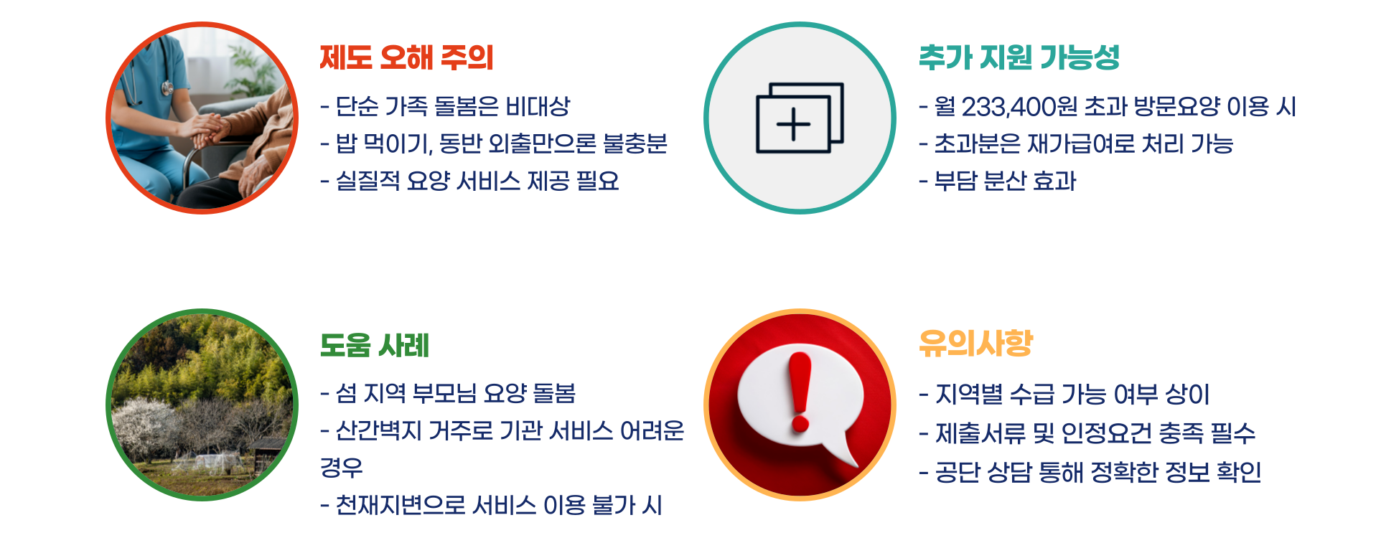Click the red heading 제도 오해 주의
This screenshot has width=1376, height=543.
406,58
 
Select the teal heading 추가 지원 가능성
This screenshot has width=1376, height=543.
1019,58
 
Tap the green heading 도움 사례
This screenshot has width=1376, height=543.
374,346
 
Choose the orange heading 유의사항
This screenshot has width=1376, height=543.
975,344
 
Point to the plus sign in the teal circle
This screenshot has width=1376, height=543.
793,124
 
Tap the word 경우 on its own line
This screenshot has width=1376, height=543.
342,468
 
